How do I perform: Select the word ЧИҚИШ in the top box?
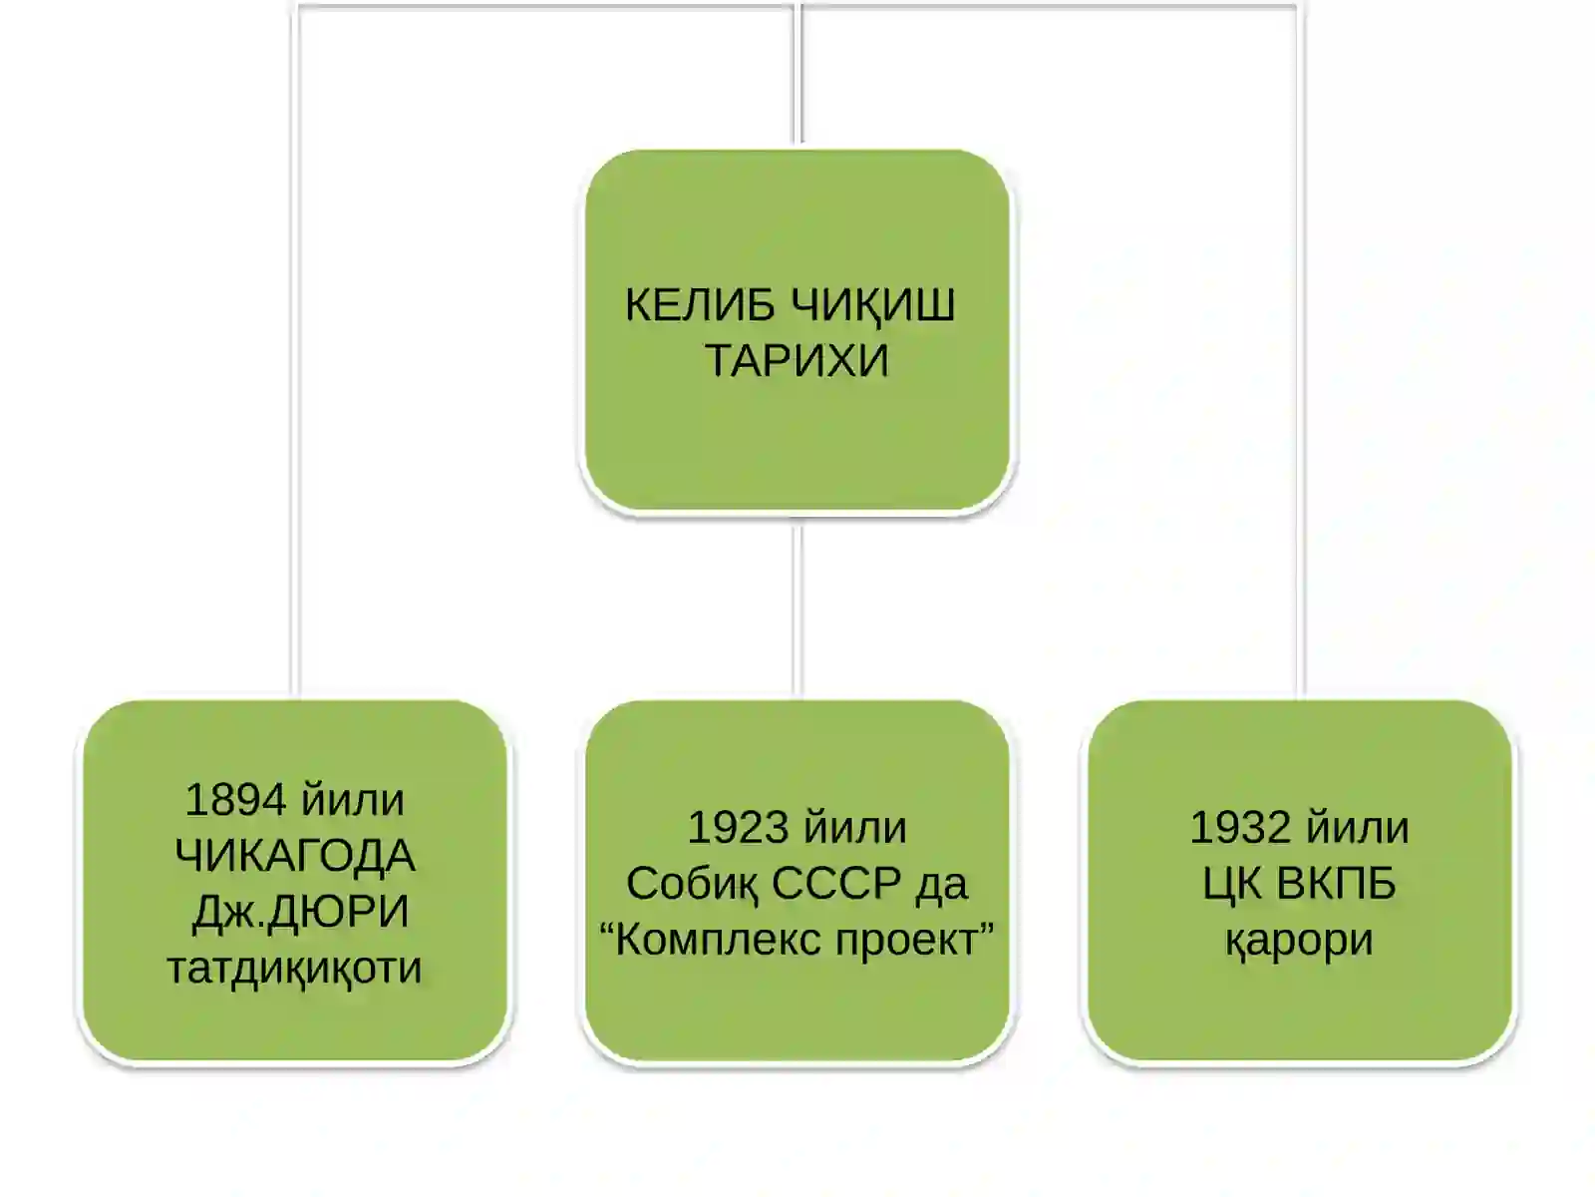tap(872, 306)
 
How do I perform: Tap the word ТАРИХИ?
tap(797, 360)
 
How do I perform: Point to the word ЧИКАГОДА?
tap(295, 856)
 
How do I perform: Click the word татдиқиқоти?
tap(295, 968)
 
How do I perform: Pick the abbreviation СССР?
tap(836, 884)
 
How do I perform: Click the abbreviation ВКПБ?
tap(1337, 884)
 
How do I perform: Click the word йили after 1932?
tap(1358, 828)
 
